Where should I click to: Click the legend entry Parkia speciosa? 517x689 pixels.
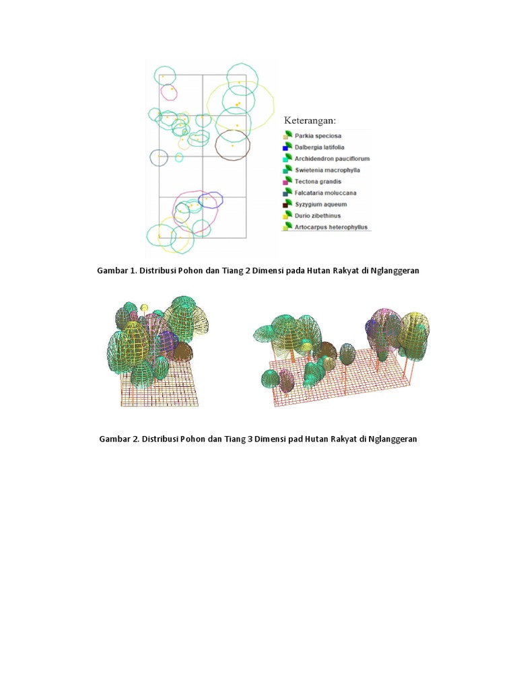point(318,136)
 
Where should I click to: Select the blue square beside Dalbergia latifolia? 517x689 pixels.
point(285,148)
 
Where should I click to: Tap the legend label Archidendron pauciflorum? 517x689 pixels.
point(332,159)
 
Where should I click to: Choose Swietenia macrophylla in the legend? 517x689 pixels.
point(328,170)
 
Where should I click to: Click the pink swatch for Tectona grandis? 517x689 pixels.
point(285,182)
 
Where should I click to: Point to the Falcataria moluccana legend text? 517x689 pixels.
point(325,193)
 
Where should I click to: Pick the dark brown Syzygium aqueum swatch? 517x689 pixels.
point(285,205)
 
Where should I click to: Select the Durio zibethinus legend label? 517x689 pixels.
point(318,216)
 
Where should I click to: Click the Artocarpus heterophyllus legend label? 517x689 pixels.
point(331,227)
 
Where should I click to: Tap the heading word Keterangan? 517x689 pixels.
point(310,120)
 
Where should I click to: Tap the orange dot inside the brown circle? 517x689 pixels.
point(232,145)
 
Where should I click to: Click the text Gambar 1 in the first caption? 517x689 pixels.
point(116,270)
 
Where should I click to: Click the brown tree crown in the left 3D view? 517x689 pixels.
point(182,351)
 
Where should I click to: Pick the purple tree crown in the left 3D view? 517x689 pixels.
point(166,341)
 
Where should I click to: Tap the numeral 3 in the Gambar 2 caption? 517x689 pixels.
point(250,439)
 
